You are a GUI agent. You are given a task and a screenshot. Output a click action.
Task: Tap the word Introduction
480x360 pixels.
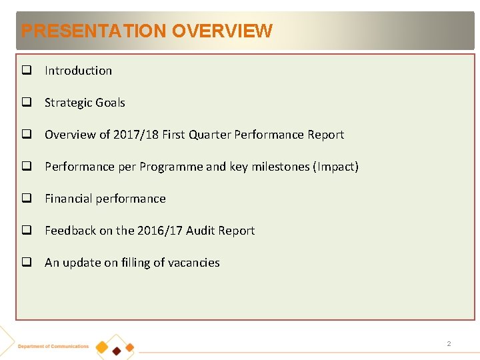point(78,71)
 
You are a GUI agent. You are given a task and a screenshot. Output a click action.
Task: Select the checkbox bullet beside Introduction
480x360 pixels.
point(27,71)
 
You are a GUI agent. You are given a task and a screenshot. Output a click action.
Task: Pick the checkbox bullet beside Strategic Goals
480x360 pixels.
point(27,103)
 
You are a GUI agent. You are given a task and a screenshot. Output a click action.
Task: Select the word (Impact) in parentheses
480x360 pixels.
point(335,167)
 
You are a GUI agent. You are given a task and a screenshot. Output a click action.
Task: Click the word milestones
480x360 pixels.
point(279,167)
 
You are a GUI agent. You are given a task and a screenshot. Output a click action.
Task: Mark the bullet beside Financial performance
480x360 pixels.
point(27,199)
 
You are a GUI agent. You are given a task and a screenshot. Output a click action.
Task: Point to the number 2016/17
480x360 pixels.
point(159,231)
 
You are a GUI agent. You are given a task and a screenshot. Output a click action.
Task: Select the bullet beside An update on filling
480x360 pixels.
point(27,263)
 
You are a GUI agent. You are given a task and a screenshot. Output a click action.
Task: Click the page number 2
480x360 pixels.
point(449,344)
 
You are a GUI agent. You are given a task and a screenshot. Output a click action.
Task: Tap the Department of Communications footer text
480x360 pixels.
point(53,346)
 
